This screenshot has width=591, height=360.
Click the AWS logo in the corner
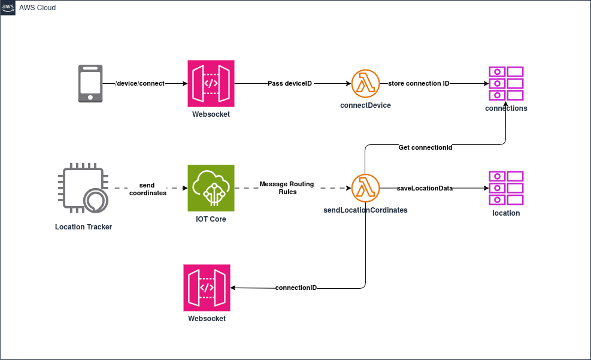pos(8,8)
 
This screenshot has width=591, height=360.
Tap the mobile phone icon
pos(90,84)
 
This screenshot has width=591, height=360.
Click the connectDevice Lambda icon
pos(365,84)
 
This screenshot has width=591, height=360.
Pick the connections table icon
pos(506,83)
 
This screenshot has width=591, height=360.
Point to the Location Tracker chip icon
pos(83,187)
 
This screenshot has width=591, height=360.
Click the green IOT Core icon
pos(211,188)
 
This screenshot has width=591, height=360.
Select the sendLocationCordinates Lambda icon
pos(365,188)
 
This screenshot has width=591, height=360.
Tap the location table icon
pos(506,187)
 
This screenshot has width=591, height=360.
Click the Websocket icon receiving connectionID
pos(207,288)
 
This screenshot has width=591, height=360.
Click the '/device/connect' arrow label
pos(140,83)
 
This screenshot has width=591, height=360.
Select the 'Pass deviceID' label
pos(290,83)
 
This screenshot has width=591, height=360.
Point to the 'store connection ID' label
pos(419,83)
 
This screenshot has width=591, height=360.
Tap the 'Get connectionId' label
pos(425,147)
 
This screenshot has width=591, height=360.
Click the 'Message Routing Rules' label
pos(287,188)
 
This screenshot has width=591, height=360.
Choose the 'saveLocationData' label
pos(425,188)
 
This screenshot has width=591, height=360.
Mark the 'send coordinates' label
pos(148,189)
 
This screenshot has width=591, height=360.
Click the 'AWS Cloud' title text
pos(38,8)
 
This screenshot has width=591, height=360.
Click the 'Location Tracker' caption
pos(83,227)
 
